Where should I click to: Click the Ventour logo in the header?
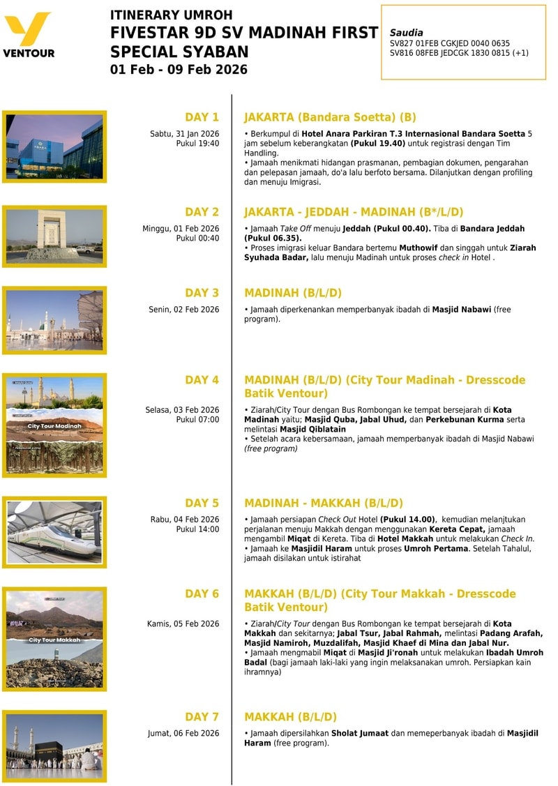(29, 34)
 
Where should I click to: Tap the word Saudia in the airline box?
(406, 32)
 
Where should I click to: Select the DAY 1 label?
(202, 117)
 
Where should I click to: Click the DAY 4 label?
(202, 380)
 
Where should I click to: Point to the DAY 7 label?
(202, 717)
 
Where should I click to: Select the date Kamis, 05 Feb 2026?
(183, 623)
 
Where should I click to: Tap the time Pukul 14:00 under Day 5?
(197, 529)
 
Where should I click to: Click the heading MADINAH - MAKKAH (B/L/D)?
(324, 503)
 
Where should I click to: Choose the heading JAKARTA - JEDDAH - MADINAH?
(354, 212)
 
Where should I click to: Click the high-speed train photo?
(55, 531)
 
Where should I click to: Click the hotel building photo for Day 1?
(54, 146)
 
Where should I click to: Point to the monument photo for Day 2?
(54, 236)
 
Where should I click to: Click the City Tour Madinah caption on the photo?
(54, 425)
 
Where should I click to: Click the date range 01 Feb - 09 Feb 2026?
(179, 70)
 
